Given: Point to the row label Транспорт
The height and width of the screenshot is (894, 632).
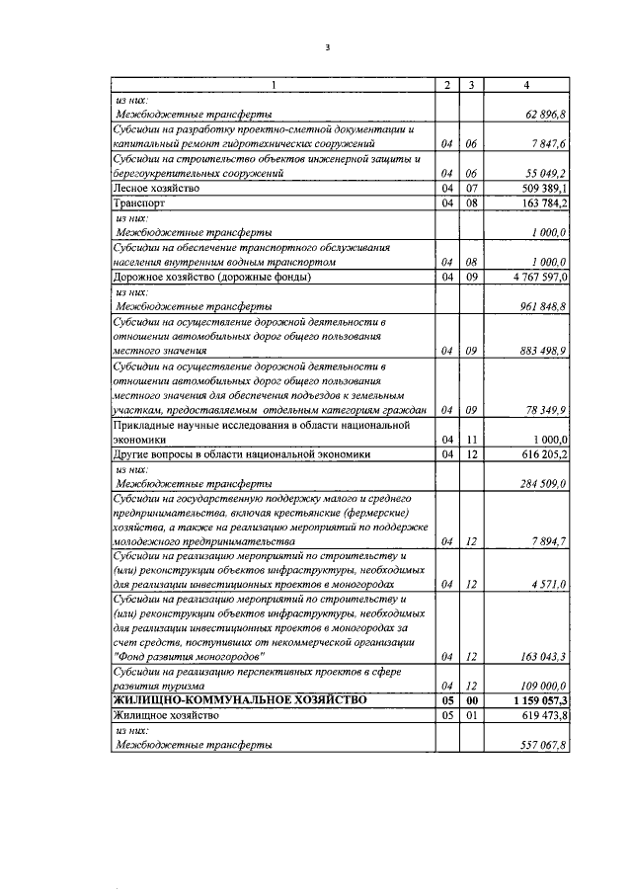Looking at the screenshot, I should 139,203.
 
